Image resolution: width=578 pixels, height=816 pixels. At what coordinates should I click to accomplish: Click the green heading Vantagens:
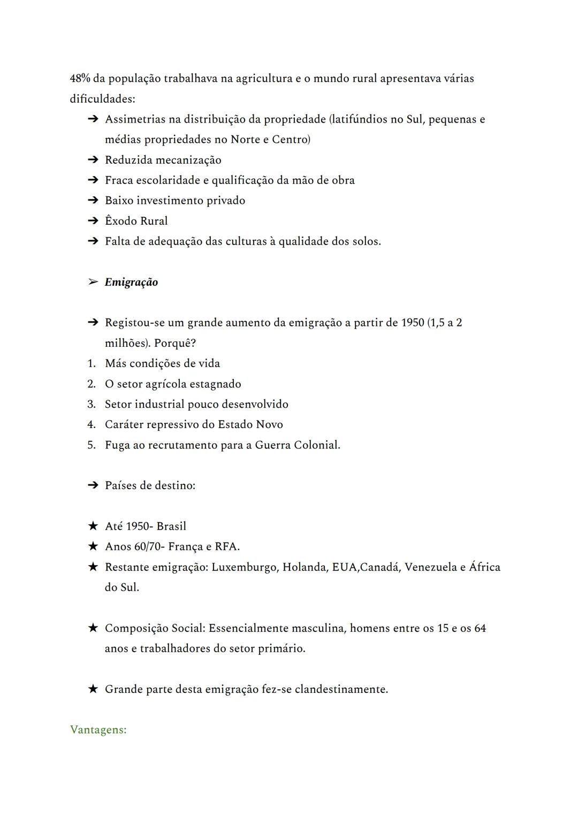pos(98,730)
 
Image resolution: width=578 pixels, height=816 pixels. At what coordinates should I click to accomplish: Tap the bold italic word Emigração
pos(131,282)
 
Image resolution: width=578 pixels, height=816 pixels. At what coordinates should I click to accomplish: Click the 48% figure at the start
pos(80,79)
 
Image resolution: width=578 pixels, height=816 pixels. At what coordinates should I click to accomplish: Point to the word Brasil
pos(171,526)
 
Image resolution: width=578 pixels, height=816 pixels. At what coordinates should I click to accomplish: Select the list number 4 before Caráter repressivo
pos(91,424)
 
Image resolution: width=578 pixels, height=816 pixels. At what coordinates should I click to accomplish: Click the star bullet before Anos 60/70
pos(93,546)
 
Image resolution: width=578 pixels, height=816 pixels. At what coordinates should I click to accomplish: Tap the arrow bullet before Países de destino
pos(93,485)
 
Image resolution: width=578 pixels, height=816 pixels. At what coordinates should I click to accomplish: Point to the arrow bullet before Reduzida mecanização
pos(93,160)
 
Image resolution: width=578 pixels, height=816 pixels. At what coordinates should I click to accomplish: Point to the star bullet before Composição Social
pos(93,628)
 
